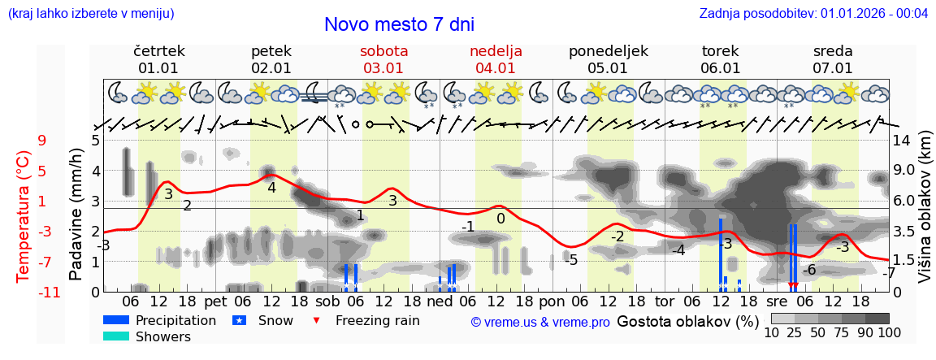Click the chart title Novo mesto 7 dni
399,25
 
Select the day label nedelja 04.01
496,59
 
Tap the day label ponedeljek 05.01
608,59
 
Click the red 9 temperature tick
41,141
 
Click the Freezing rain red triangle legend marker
317,320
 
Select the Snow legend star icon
239,320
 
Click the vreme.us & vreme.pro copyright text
540,322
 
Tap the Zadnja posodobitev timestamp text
813,14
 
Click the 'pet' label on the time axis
215,301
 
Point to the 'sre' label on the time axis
778,301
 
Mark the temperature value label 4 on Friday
271,188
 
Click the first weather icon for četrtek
118,92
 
